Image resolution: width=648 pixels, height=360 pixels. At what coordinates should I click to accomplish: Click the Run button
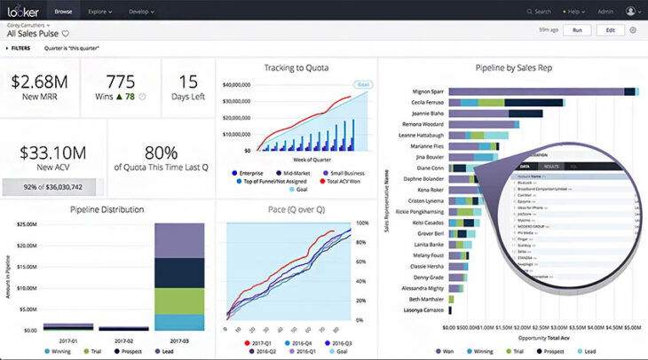click(577, 30)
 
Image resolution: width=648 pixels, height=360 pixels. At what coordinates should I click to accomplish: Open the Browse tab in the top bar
click(64, 12)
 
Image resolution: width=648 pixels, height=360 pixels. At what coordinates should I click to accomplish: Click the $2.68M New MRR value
click(39, 82)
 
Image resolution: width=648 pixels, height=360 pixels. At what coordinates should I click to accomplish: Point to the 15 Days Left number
click(188, 82)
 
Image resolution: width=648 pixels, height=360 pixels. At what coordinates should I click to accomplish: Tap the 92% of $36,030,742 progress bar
click(52, 188)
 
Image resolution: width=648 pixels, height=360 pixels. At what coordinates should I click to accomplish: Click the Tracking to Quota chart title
click(296, 67)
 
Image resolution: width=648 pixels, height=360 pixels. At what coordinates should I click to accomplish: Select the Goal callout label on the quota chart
click(361, 85)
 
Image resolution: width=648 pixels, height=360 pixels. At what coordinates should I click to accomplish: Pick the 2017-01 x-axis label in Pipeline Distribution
click(68, 340)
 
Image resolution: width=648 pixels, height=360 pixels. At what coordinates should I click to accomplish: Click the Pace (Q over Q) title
click(296, 210)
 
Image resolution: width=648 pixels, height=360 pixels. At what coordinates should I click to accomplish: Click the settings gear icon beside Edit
click(633, 30)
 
